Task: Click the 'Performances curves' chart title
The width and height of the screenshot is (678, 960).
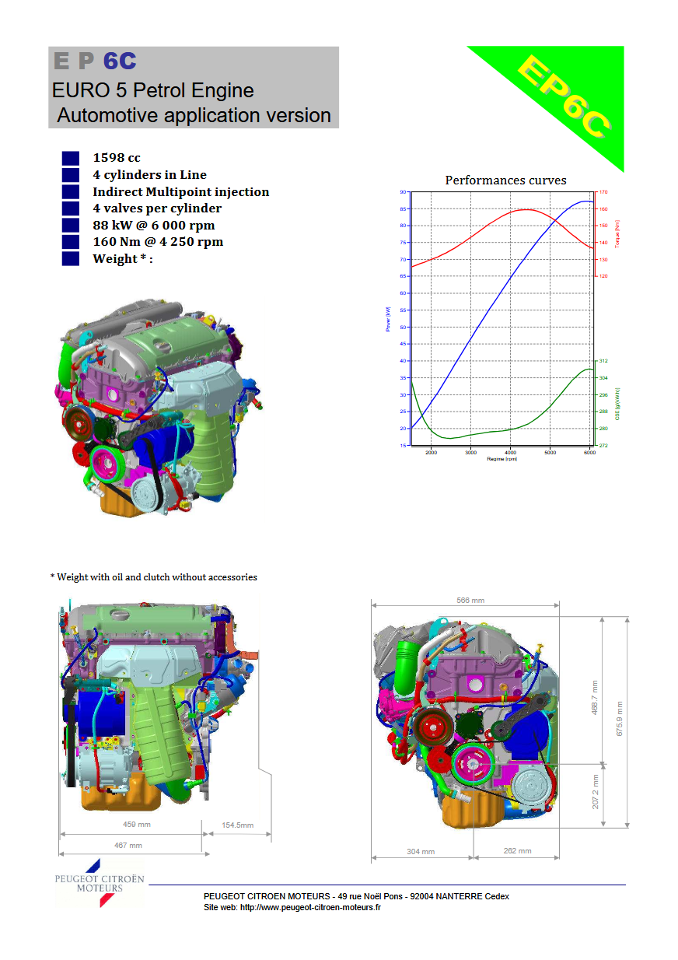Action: [505, 180]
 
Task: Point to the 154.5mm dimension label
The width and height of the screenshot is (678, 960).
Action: [237, 825]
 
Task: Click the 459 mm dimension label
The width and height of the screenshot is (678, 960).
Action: [137, 825]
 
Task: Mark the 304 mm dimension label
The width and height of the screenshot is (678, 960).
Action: [421, 852]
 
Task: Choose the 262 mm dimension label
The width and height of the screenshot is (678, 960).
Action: [517, 851]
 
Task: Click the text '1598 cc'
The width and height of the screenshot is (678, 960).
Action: [117, 158]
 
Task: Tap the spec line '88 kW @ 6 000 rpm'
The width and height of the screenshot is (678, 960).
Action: [153, 226]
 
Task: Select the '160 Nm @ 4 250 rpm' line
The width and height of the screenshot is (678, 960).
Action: [158, 242]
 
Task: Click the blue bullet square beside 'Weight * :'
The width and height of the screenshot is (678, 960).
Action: [71, 259]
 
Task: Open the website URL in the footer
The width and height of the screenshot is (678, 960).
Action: [310, 907]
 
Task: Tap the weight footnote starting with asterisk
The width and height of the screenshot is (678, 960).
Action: [153, 577]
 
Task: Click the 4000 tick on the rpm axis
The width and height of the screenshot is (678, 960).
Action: [510, 452]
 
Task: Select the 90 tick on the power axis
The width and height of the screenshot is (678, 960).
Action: [403, 191]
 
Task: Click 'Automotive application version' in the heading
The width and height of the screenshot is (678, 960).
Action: [194, 116]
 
